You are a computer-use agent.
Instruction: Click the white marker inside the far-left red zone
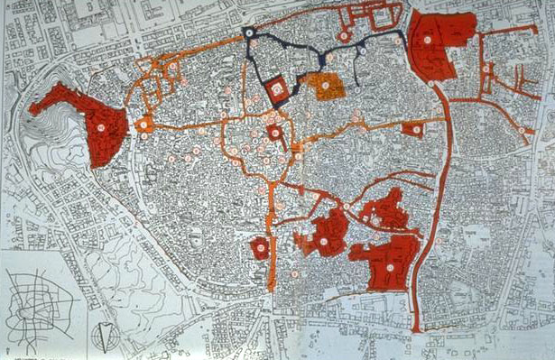point(102,128)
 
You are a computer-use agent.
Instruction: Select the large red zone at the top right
point(439,45)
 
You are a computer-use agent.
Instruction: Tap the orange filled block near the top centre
point(322,85)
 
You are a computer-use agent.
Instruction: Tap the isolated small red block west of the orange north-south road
point(260,247)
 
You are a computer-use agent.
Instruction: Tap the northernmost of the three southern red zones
point(385,209)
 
